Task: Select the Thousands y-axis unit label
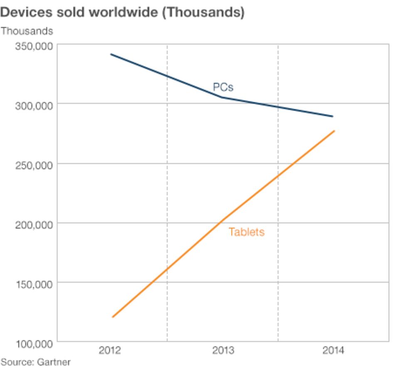pos(27,31)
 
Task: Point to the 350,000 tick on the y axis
pos(34,46)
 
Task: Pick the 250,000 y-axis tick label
pos(34,165)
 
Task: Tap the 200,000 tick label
pos(34,225)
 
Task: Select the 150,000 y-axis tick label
pos(34,284)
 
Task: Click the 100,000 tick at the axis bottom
pos(34,344)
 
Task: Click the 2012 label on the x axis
pos(110,350)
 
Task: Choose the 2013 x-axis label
pos(223,350)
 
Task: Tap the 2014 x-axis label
pos(333,350)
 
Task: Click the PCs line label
pos(223,87)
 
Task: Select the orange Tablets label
pos(246,232)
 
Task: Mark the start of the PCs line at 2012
pos(111,54)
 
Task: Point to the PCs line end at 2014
pos(332,116)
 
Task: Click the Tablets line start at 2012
pos(113,317)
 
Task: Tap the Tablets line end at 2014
pos(334,131)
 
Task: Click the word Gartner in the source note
pos(54,362)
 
